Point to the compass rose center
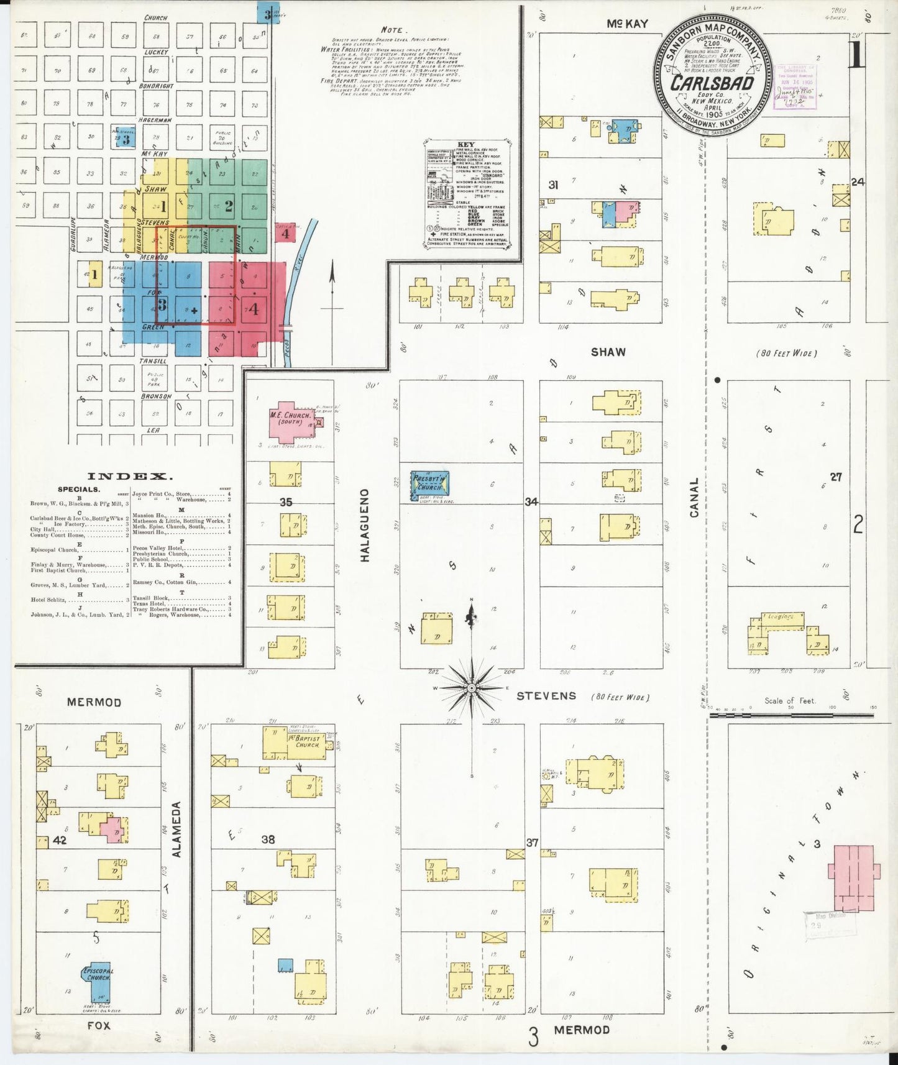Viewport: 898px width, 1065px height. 471,688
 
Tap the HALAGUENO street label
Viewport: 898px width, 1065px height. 365,525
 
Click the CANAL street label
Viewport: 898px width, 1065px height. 694,497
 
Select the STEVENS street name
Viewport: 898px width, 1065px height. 546,696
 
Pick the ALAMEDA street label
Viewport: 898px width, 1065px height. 177,829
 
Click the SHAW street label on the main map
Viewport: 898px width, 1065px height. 608,352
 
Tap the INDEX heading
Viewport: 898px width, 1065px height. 129,477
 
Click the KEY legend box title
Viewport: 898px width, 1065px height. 466,145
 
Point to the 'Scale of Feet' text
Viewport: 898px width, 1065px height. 789,701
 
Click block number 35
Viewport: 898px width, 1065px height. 285,502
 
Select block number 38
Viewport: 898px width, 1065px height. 268,839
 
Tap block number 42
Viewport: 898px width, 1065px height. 60,841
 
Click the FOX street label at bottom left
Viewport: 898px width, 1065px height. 98,1026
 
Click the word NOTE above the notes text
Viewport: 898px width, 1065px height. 392,29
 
